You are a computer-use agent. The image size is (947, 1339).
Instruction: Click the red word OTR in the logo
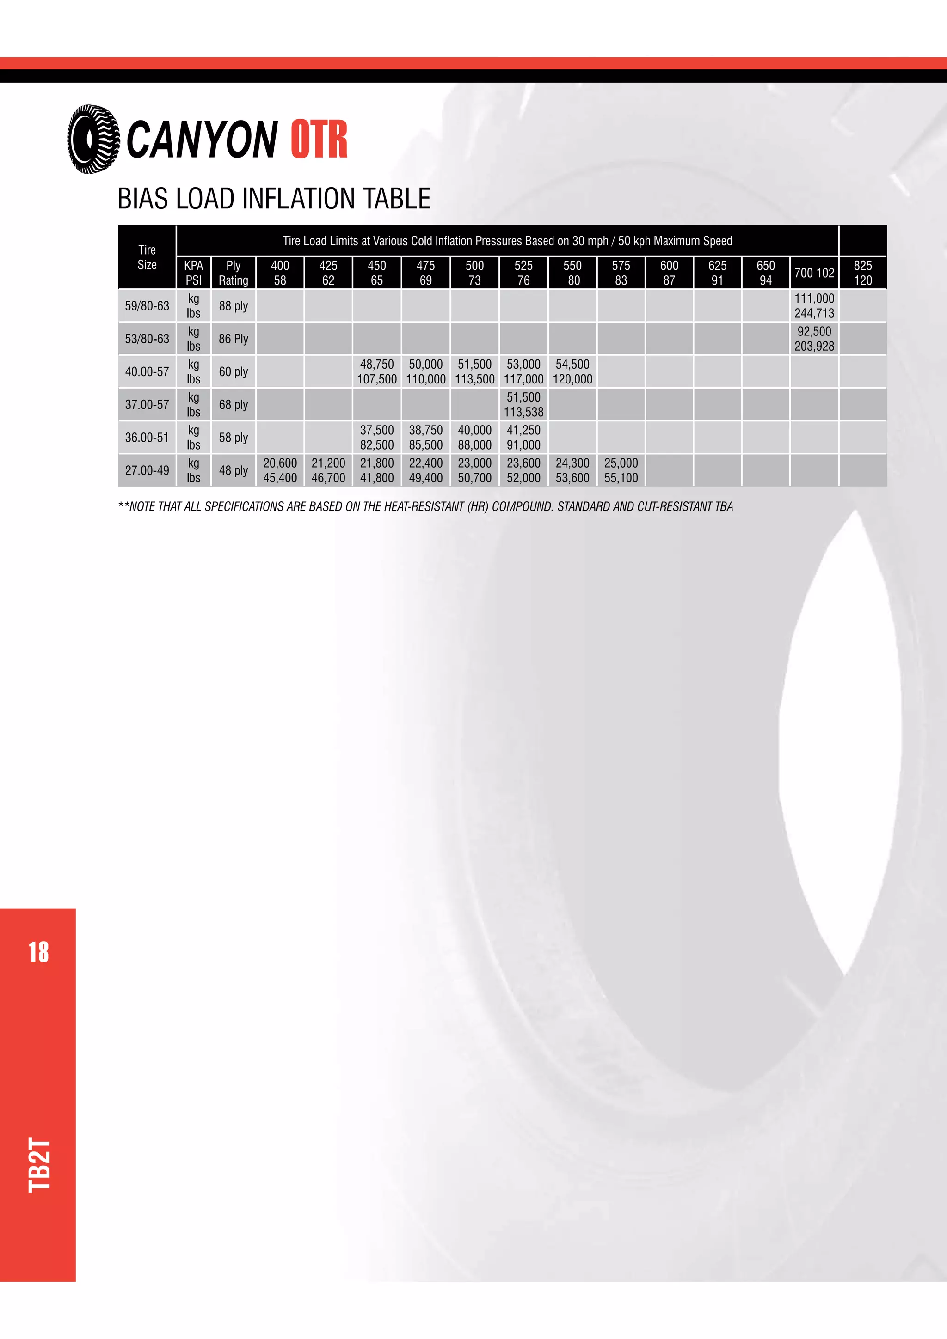(x=319, y=140)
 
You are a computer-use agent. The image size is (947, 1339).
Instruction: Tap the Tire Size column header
(x=147, y=257)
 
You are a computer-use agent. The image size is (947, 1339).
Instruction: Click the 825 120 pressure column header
(x=862, y=273)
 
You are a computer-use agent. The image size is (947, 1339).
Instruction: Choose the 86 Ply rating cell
(x=234, y=339)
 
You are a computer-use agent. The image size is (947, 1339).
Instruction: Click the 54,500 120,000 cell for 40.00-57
(x=572, y=371)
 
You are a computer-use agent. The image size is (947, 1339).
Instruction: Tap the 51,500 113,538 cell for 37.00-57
(x=523, y=405)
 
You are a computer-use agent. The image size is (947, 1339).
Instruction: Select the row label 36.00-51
(x=147, y=438)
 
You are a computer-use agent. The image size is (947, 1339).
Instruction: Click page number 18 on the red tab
(x=38, y=953)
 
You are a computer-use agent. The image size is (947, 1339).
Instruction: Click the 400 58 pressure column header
(x=280, y=273)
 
